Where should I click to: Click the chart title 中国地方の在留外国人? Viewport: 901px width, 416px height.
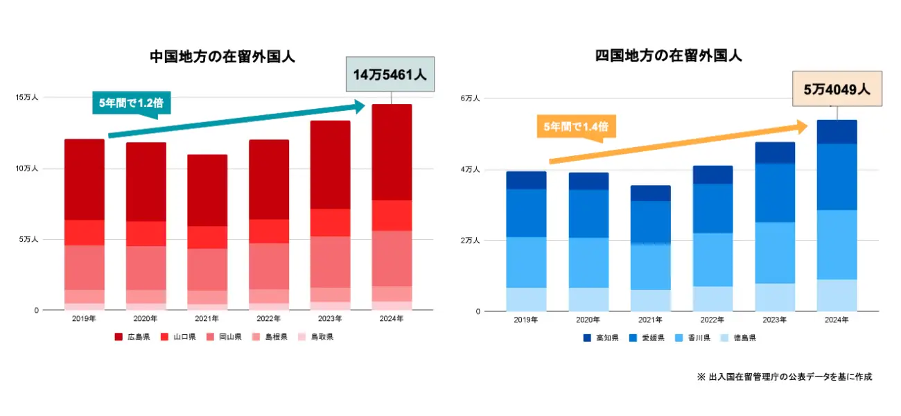pos(222,57)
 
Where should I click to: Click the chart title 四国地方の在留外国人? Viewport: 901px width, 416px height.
pos(668,56)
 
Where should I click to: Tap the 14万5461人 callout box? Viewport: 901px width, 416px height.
pos(390,75)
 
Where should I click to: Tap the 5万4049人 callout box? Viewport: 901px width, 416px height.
pos(837,89)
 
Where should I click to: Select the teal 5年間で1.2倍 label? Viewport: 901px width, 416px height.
pos(132,103)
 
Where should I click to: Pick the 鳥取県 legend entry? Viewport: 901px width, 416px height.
pos(315,337)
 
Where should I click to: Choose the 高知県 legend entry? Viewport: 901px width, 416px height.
pos(600,338)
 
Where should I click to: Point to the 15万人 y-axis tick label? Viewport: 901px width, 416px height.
pos(27,98)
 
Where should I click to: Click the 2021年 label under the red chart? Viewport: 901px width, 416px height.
pos(207,319)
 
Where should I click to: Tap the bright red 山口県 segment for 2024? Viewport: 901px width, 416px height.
pos(392,215)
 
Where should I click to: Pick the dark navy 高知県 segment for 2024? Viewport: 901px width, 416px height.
pos(837,132)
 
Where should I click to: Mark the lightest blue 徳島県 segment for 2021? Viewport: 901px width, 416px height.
pos(650,300)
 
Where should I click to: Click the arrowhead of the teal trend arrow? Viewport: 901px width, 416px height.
pos(360,106)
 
